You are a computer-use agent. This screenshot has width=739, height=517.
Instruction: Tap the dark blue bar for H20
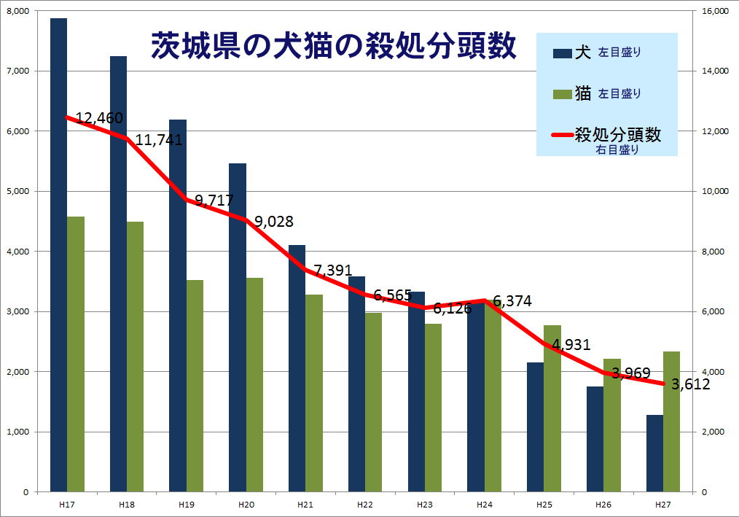(x=238, y=328)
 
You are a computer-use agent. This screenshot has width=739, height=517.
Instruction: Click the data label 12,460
(x=99, y=117)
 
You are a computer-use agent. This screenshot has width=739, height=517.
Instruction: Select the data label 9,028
(x=274, y=222)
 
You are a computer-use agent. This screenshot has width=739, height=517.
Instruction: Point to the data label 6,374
(x=512, y=300)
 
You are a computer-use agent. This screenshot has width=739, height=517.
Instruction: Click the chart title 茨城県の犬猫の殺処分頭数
(x=334, y=46)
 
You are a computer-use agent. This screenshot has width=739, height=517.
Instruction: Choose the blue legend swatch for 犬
(x=563, y=53)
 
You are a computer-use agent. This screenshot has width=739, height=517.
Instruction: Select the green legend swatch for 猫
(x=563, y=93)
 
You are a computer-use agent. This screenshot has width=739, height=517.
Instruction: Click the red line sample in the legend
(x=563, y=136)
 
